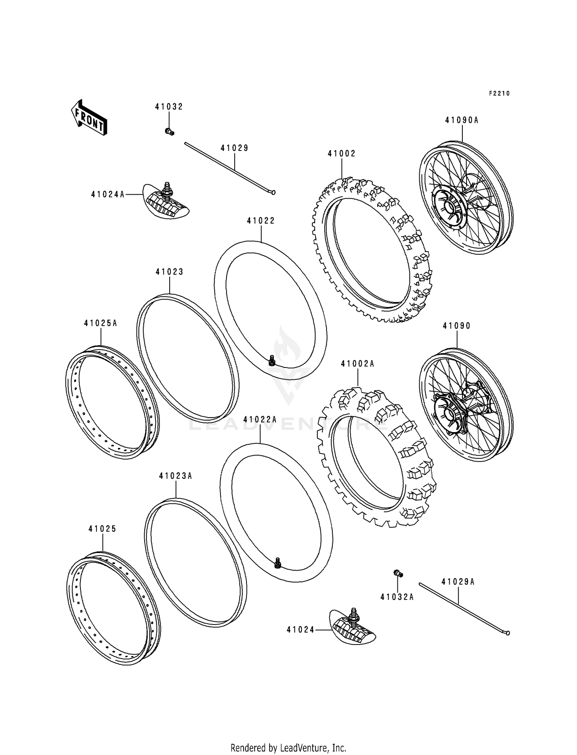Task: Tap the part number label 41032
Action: pos(169,107)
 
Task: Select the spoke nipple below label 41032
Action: pos(169,132)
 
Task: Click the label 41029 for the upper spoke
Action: pos(234,148)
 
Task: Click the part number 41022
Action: pos(261,220)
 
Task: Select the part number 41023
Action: pos(169,272)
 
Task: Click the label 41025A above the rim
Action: pos(100,323)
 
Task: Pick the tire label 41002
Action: pos(342,154)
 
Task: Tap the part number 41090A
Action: pos(462,120)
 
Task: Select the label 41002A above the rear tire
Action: pos(357,363)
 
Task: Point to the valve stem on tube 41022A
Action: pos(277,564)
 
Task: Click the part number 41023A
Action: pos(175,476)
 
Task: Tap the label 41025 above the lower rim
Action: pos(102,529)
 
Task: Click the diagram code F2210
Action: pos(499,94)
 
